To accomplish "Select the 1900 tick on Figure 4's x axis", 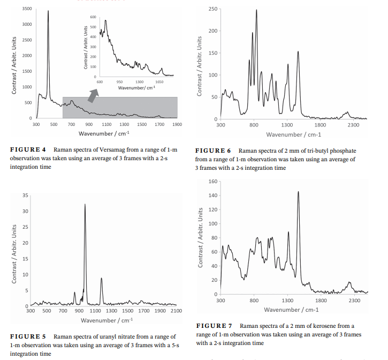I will pyautogui.click(x=177, y=124).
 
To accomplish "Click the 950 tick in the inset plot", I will pyautogui.click(x=120, y=82).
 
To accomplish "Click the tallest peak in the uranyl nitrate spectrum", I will pyautogui.click(x=85, y=205).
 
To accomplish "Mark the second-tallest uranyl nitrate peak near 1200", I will pyautogui.click(x=101, y=278).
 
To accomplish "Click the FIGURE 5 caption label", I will pyautogui.click(x=28, y=336).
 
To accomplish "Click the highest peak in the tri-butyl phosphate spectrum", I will pyautogui.click(x=256, y=10).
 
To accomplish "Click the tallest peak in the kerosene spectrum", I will pyautogui.click(x=298, y=192).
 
